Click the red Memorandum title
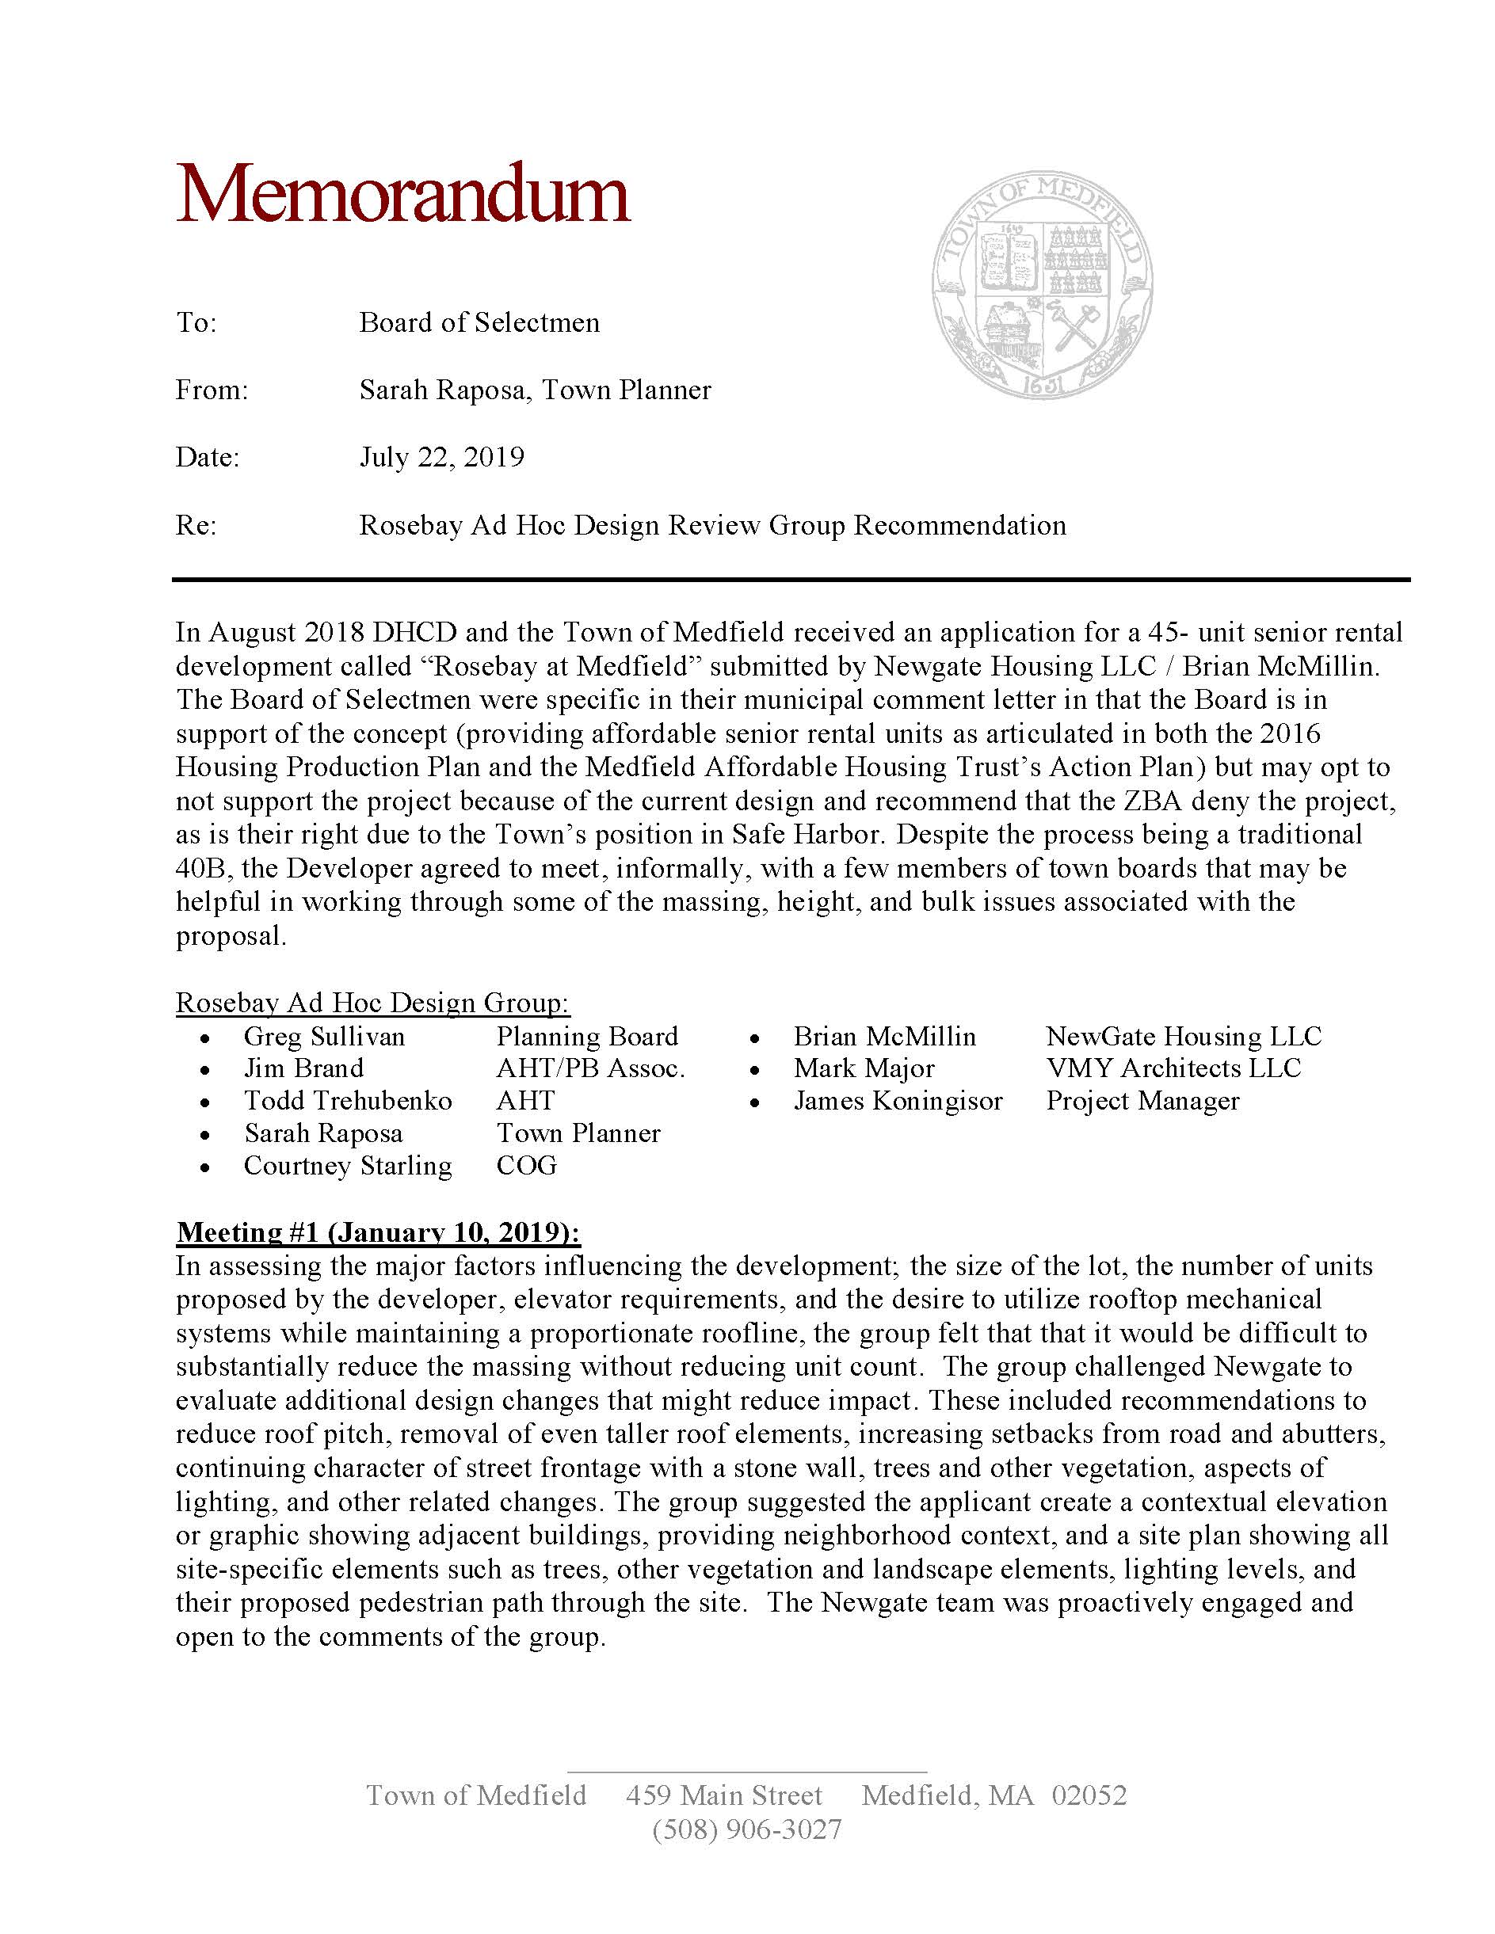(402, 194)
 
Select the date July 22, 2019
(441, 458)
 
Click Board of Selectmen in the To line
(479, 322)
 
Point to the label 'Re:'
(196, 526)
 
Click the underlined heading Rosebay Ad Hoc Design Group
(372, 1003)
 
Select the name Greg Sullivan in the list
(324, 1036)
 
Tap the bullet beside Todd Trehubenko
(205, 1103)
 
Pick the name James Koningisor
(897, 1101)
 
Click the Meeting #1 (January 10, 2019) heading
(378, 1232)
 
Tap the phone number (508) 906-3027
(746, 1829)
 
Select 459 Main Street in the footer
(723, 1795)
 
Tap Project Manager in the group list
(1142, 1101)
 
